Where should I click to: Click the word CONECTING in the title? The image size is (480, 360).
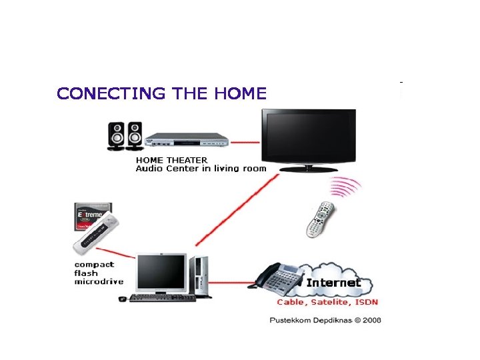[x=111, y=93]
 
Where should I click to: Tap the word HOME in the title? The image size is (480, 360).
[x=241, y=93]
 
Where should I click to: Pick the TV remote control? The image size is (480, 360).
[x=319, y=219]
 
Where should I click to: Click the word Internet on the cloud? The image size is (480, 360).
[x=333, y=283]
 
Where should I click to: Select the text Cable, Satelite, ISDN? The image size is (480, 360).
[x=327, y=303]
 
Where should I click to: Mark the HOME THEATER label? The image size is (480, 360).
[x=171, y=160]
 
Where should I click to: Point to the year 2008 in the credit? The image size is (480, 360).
[x=372, y=320]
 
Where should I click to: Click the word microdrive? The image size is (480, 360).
[x=99, y=282]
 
